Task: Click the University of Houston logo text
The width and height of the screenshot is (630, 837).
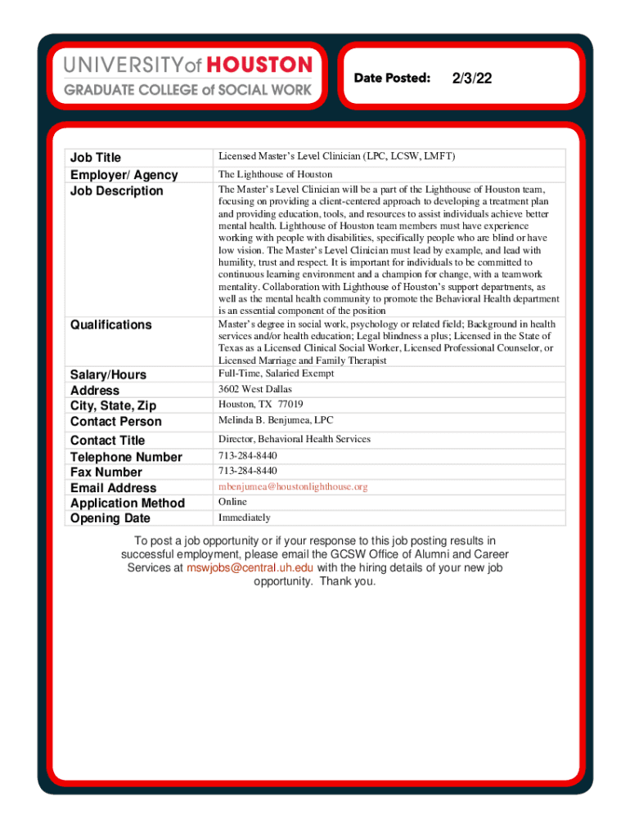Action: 187,65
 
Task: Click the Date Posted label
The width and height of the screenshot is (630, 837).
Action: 392,78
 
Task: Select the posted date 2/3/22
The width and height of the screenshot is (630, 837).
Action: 471,78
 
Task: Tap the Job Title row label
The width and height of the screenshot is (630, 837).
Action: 96,158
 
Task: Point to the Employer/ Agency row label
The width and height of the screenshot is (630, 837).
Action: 124,175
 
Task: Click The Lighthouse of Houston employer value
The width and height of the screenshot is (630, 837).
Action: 275,174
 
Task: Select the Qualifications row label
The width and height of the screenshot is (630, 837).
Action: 111,325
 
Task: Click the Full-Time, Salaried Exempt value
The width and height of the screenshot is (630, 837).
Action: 276,374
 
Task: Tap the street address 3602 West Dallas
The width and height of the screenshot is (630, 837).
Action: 254,389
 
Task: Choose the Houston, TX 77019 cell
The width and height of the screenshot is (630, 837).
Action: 260,405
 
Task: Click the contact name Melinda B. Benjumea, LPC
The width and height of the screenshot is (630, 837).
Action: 276,420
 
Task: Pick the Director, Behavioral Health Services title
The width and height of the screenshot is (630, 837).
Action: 294,439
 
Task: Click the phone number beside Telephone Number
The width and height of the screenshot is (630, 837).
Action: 247,455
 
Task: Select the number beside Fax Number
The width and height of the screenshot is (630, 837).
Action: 247,471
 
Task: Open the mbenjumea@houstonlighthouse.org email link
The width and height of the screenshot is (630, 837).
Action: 293,486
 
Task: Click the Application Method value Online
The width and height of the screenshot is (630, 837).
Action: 232,502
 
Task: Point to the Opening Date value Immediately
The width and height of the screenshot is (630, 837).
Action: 244,517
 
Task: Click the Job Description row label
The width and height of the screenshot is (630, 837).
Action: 117,191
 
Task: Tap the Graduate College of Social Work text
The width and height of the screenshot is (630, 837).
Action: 187,90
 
